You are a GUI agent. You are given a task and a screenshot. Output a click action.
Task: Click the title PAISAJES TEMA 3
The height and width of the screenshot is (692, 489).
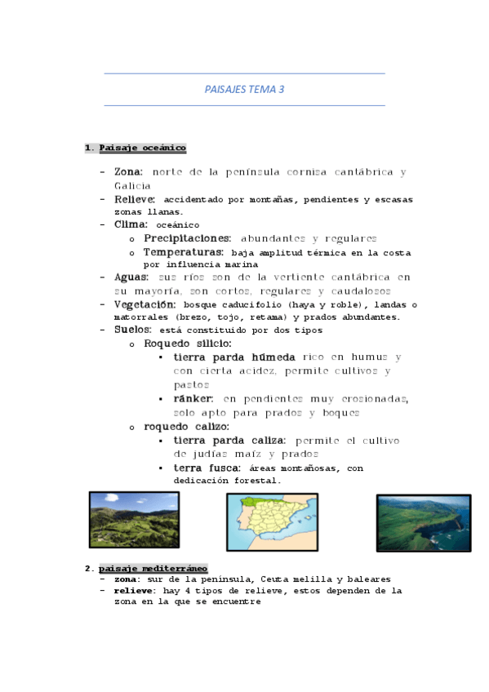pyautogui.click(x=244, y=90)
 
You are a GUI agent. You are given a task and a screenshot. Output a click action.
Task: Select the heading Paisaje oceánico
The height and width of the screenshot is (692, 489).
pyautogui.click(x=142, y=148)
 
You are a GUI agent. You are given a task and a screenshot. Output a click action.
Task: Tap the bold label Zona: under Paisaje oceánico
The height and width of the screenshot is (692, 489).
pyautogui.click(x=129, y=172)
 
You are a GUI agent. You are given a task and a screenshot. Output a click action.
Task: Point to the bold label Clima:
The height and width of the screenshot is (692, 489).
pyautogui.click(x=131, y=224)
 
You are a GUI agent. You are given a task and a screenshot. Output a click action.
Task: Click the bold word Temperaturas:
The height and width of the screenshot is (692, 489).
pyautogui.click(x=184, y=251)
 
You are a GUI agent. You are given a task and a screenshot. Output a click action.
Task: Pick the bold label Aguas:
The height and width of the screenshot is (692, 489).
pyautogui.click(x=132, y=277)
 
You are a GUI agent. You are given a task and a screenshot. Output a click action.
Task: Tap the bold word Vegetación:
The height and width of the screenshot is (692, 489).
pyautogui.click(x=145, y=304)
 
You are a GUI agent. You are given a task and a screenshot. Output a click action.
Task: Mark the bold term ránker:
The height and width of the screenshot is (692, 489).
pyautogui.click(x=193, y=398)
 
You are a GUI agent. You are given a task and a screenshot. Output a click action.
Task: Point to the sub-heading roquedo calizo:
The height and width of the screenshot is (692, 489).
pyautogui.click(x=186, y=426)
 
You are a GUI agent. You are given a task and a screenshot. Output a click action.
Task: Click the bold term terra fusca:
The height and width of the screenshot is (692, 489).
pyautogui.click(x=207, y=468)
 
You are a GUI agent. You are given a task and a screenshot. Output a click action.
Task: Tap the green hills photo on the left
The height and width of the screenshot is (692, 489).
pyautogui.click(x=133, y=520)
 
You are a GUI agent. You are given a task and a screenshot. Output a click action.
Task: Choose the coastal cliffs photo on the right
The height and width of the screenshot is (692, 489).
pyautogui.click(x=423, y=522)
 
